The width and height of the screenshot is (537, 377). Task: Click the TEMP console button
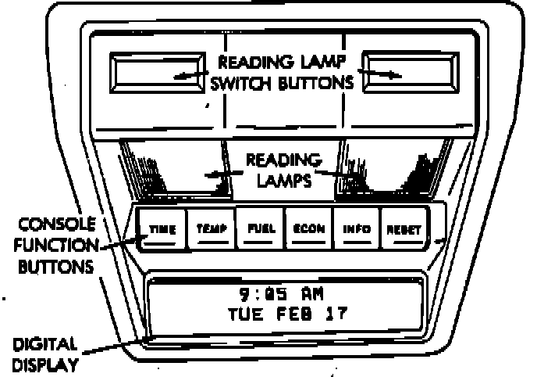[x=212, y=230]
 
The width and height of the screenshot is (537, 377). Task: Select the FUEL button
[x=260, y=230]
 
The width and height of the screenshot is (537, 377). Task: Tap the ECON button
[x=308, y=230]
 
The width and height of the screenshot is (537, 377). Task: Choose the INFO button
[x=356, y=230]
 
